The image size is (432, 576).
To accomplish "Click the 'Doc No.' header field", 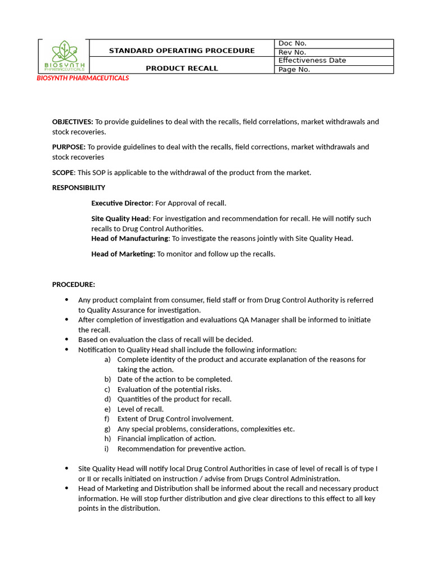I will pos(292,43).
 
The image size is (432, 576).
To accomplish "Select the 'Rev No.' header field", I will pos(292,52).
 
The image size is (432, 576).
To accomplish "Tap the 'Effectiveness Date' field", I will pos(312,61).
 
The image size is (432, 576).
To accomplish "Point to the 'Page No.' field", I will pos(294,70).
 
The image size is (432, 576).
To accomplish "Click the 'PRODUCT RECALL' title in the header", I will pos(182,69).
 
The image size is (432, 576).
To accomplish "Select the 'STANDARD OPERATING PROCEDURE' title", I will pos(182,51).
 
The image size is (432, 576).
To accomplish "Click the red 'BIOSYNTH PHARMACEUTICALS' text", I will pos(83,78).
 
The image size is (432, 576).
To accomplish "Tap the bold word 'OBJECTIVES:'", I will pos(73,121).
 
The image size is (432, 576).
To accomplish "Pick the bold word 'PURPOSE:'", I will pos(69,147).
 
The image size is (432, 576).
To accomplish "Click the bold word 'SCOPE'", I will pos(63,173).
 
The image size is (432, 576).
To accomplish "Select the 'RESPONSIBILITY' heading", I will pos(79,188).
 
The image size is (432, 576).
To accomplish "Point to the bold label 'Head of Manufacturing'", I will pos(130,238).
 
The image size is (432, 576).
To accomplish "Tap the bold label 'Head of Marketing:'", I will pos(123,254).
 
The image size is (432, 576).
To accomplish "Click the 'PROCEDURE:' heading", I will pos(74,285).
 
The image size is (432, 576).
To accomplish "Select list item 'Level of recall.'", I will pos(141,409).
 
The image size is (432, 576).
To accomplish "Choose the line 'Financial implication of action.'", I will pos(166,439).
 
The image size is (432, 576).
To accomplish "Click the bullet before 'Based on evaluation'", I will pos(67,340).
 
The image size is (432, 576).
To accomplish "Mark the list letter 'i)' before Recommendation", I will pos(107,449).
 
